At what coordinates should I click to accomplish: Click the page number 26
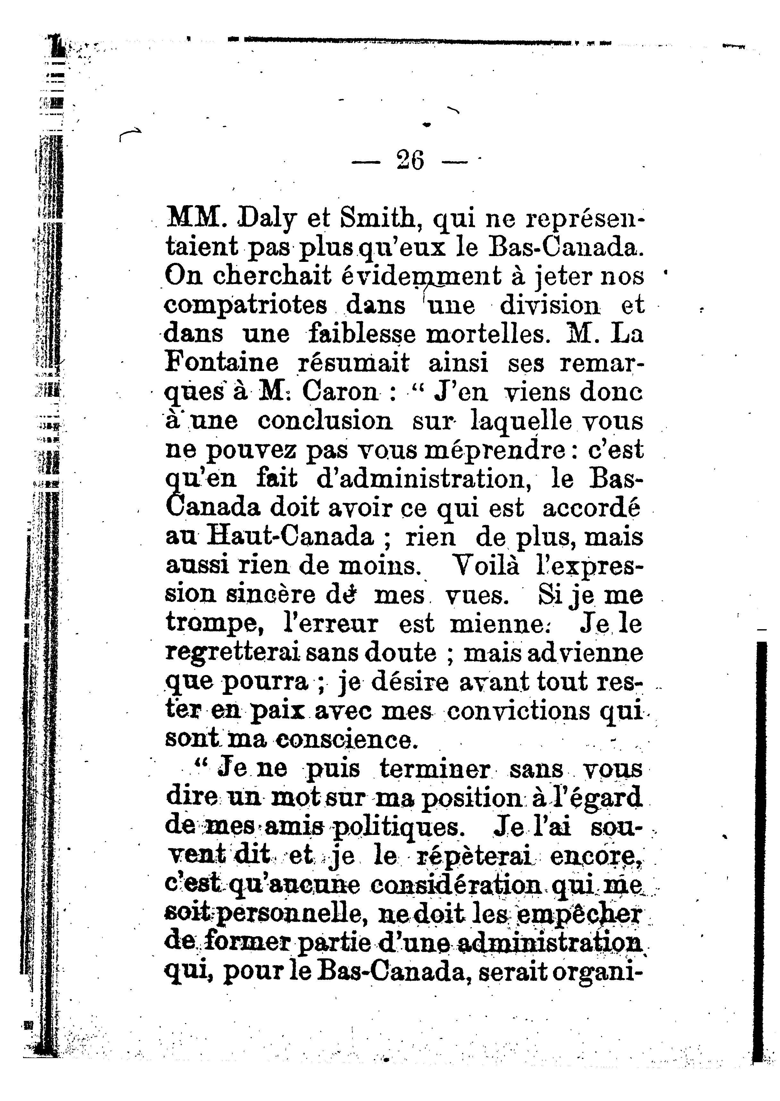point(411,160)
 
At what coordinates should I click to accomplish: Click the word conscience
point(344,740)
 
